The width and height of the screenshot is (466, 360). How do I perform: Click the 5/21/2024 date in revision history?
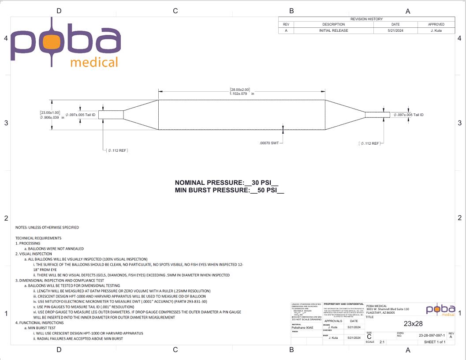pos(395,30)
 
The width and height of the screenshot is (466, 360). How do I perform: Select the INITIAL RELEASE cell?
pos(333,30)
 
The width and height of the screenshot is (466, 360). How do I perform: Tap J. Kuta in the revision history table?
pos(436,30)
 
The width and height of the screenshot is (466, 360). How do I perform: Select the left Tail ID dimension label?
pos(81,115)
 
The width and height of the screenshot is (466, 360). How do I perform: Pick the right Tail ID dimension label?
pos(409,115)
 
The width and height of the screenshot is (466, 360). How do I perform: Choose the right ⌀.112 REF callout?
pos(369,143)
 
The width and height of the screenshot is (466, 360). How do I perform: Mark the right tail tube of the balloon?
pos(377,115)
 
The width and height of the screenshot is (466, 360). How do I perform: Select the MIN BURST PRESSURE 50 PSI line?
pos(229,191)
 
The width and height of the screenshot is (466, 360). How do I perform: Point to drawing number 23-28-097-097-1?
pos(432,335)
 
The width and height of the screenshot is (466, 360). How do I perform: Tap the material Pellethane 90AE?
pos(302,328)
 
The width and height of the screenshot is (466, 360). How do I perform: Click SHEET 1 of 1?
pos(435,342)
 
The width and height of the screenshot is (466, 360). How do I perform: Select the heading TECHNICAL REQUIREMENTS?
pos(38,238)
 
